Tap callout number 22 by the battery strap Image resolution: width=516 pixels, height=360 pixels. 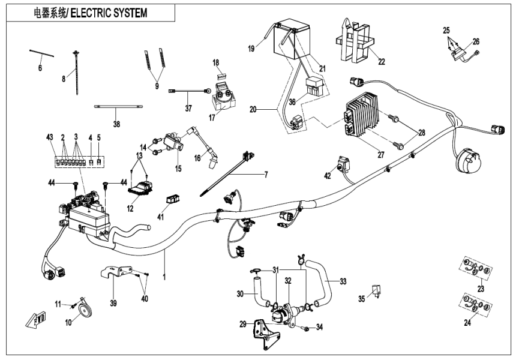pos(380,62)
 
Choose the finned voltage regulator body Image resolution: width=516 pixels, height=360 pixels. pos(365,116)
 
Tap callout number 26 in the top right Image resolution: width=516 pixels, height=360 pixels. pos(476,42)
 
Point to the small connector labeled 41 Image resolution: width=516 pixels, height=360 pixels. pos(174,199)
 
